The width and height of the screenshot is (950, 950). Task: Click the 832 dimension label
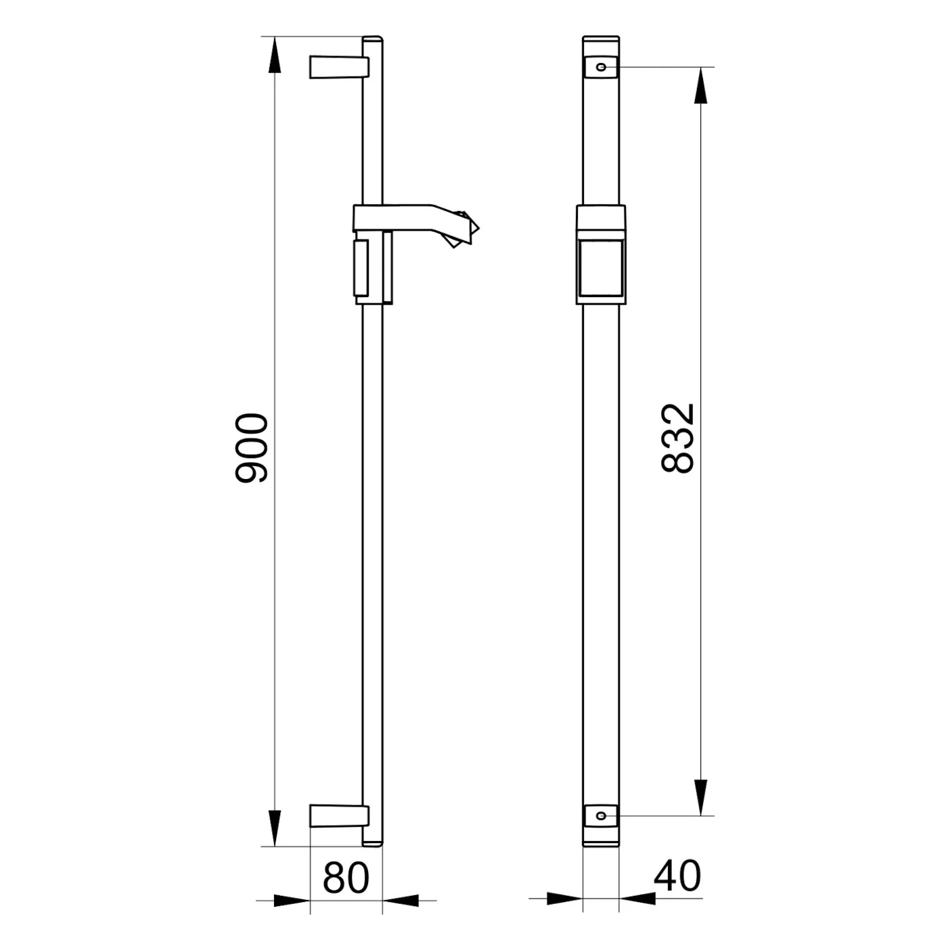pos(677,438)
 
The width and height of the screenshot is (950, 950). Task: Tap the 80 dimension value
pos(346,878)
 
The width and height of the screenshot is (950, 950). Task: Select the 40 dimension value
pos(677,876)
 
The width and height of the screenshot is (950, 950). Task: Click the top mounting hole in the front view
pos(600,67)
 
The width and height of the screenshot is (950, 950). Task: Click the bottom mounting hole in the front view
pos(600,815)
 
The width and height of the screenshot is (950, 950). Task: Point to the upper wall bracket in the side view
pos(338,67)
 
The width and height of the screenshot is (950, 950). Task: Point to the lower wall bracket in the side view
pos(338,815)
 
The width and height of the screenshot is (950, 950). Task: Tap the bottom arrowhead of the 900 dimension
pos(274,827)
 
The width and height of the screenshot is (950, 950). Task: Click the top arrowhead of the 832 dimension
pos(700,86)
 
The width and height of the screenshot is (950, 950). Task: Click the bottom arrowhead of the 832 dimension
pos(700,797)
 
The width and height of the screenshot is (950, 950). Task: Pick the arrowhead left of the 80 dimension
pos(292,901)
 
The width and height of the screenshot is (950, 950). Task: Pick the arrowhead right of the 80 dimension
pos(401,901)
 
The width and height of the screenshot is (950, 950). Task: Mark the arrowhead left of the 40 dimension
pos(564,899)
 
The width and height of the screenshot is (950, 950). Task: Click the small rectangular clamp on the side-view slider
pos(361,267)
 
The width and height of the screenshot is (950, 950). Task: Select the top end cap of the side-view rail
pos(373,39)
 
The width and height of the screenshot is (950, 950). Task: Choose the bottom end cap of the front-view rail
pos(600,839)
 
